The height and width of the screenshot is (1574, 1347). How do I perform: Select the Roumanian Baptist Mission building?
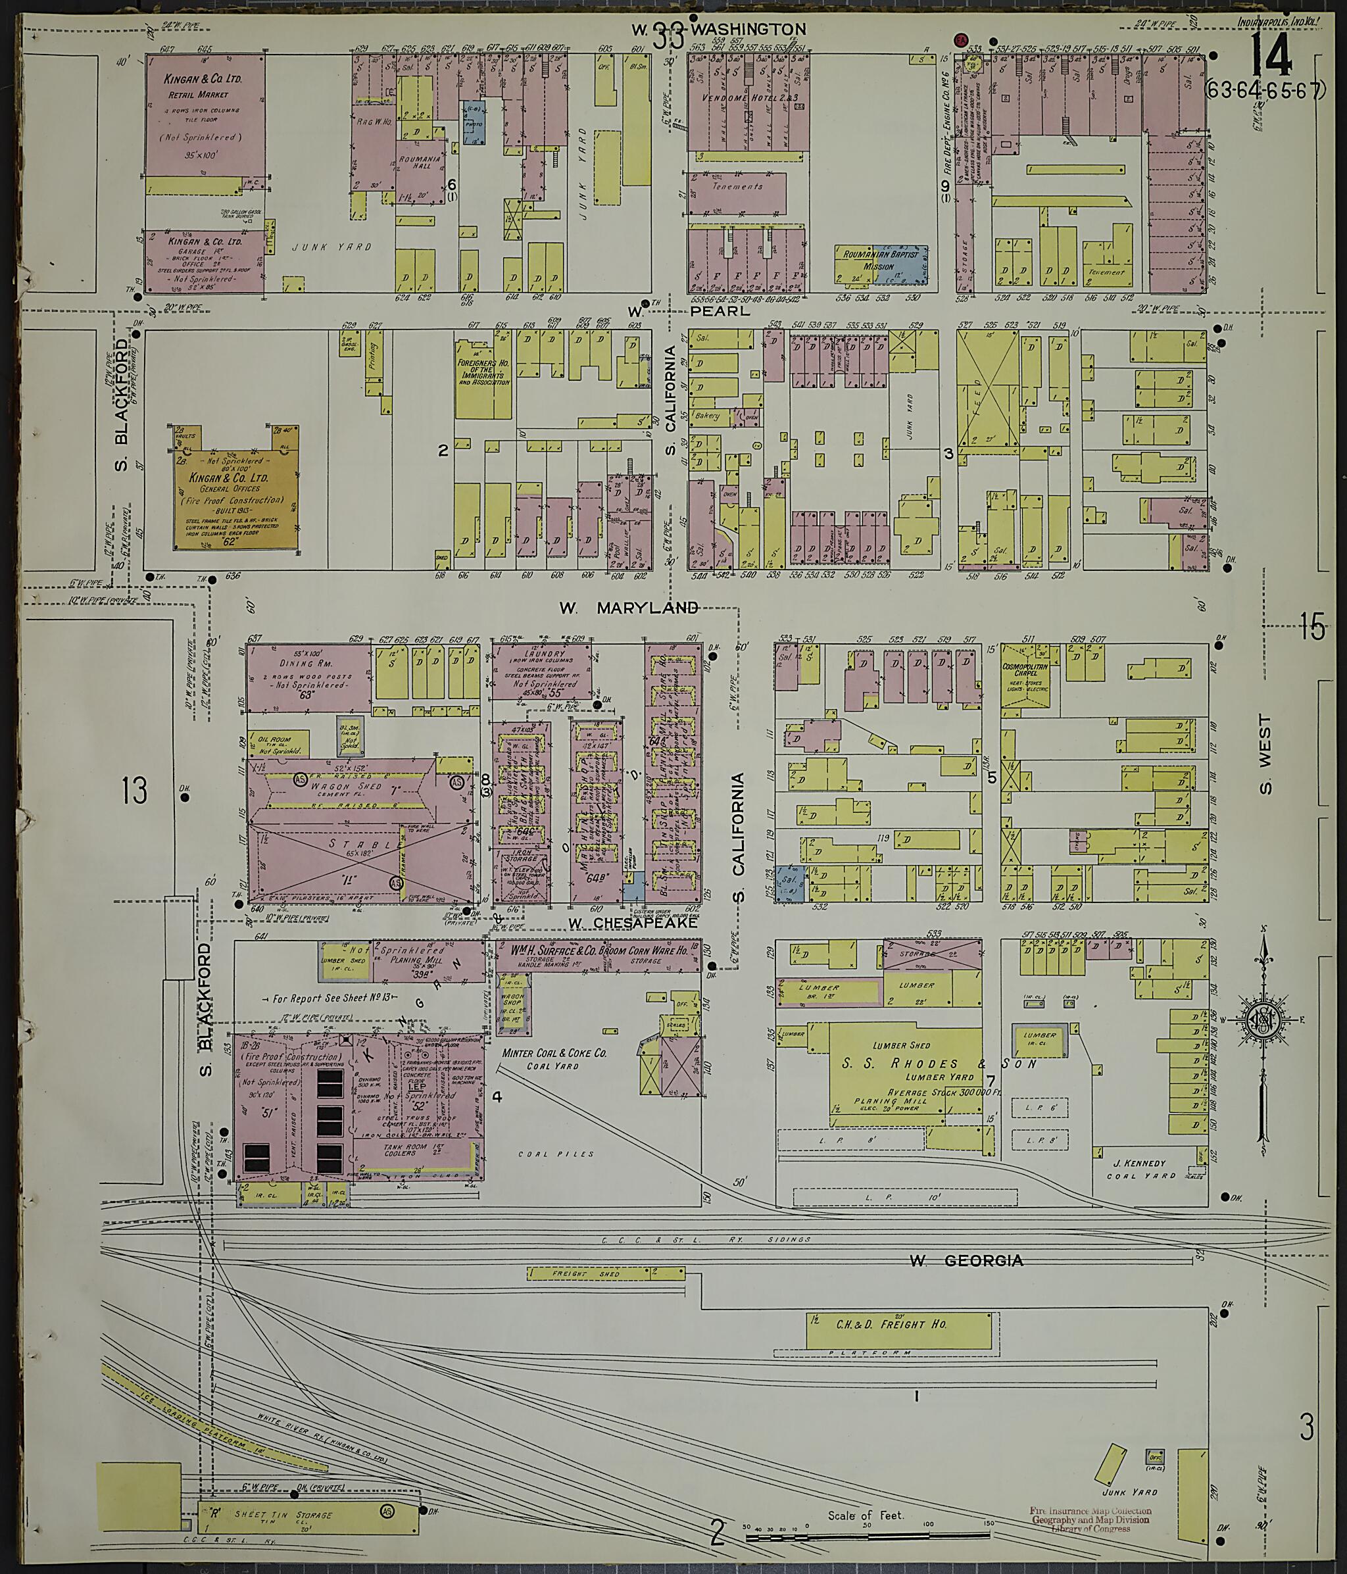(881, 260)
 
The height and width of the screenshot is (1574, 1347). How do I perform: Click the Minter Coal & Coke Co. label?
(554, 1058)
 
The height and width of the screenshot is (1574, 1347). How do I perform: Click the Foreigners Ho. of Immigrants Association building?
(483, 378)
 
